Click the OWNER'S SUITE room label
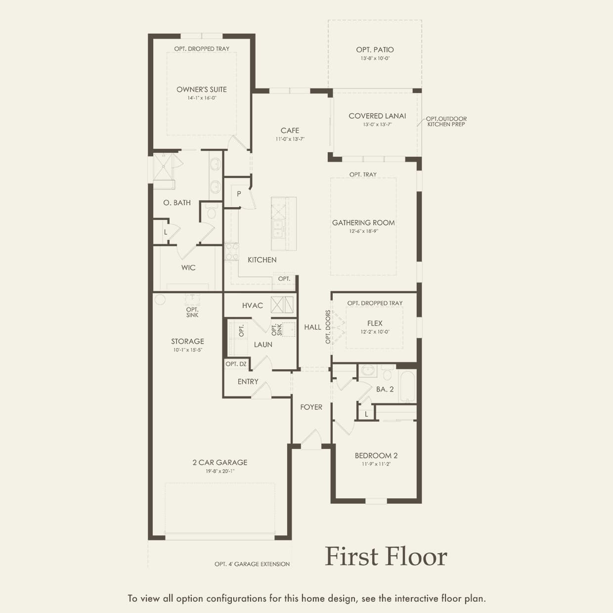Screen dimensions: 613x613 (202, 89)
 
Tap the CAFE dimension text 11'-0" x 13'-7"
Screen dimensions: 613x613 (290, 139)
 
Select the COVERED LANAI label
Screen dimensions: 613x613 (377, 116)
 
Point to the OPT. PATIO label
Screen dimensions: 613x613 (375, 49)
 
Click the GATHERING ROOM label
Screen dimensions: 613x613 (363, 222)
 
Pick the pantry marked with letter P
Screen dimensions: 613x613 (239, 194)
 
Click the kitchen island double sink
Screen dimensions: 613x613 (278, 229)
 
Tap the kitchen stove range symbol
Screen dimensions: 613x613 (231, 251)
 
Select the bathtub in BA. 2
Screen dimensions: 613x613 (408, 386)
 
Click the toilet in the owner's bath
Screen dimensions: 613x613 (212, 212)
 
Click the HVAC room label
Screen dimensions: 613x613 (252, 306)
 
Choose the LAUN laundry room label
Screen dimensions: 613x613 (263, 345)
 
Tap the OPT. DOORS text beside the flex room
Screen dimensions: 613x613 (328, 327)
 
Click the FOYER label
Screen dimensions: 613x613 (311, 407)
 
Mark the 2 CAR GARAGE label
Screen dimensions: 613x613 (220, 462)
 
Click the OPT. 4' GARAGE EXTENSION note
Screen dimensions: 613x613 (252, 564)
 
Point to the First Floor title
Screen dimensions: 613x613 (386, 556)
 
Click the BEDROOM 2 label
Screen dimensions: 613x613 (376, 455)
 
